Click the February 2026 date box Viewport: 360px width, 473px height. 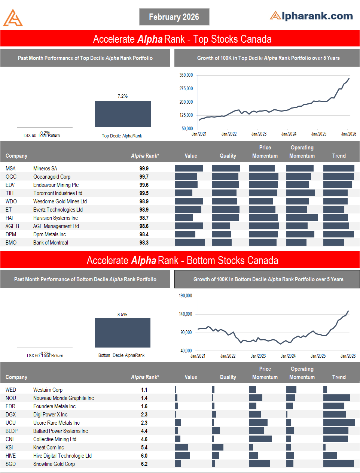(174, 17)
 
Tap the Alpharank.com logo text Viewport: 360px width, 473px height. (312, 16)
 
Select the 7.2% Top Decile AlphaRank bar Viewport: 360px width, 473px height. (123, 114)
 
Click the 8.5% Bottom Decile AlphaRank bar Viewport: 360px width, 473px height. (123, 333)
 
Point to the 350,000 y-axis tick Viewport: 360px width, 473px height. (186, 75)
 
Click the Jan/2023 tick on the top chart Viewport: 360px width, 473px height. (259, 134)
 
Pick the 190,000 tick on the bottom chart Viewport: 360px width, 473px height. (186, 296)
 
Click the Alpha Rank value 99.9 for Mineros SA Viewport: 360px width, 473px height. (144, 169)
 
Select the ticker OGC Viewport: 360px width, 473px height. (11, 177)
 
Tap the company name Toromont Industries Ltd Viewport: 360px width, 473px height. (58, 193)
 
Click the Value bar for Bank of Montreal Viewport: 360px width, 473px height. (190, 243)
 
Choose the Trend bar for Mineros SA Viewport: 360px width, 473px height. (339, 169)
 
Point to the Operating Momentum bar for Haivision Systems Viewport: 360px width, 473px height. (302, 218)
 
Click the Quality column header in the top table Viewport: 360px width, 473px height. (228, 156)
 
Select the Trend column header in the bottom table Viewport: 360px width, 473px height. (339, 377)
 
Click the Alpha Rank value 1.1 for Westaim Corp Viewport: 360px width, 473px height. (144, 390)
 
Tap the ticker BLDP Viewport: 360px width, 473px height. (12, 431)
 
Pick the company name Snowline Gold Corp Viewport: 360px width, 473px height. (54, 464)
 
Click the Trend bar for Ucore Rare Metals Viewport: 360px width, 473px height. (339, 423)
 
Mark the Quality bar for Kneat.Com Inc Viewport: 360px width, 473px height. (217, 448)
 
